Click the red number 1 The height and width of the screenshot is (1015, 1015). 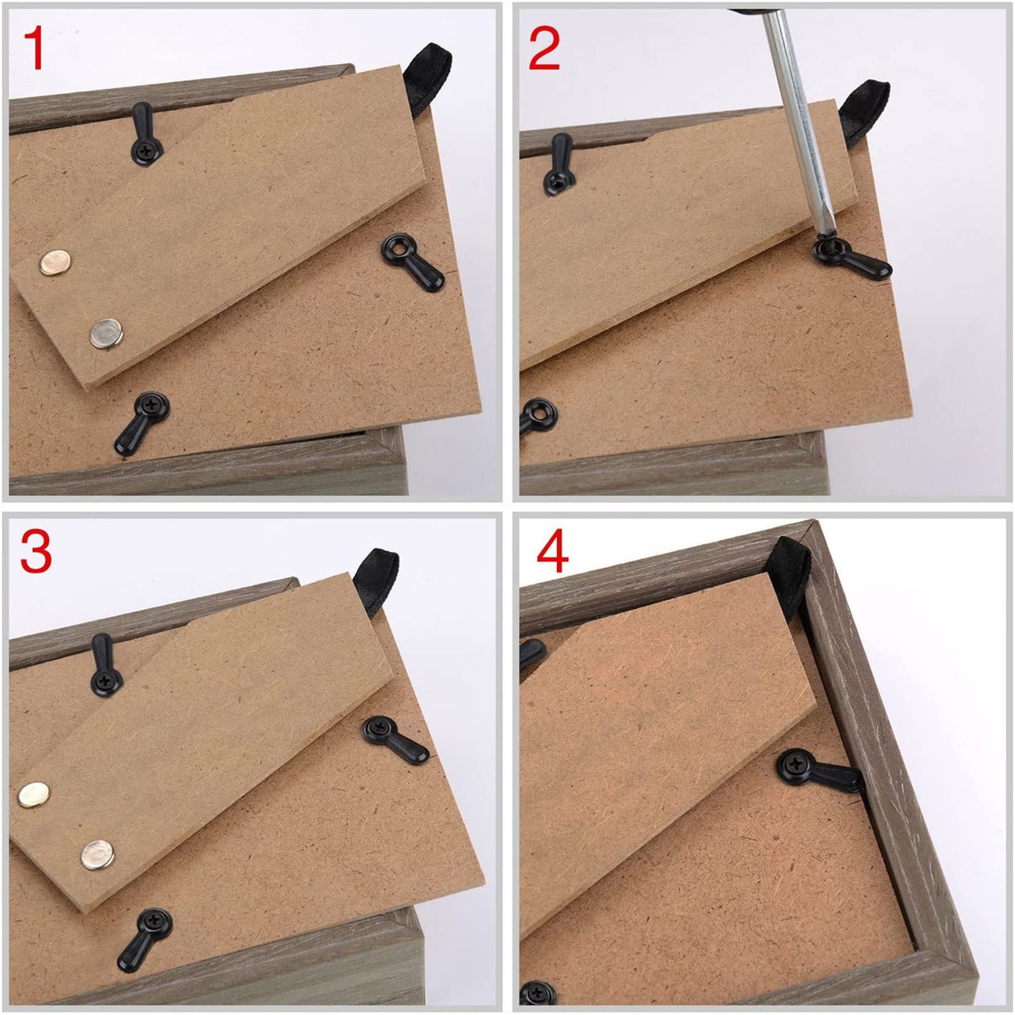(34, 49)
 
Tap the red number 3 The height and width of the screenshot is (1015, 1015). (36, 552)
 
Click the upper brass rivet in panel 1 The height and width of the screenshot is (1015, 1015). (55, 262)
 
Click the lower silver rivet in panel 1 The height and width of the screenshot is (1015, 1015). (106, 333)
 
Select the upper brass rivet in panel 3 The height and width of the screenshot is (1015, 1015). (34, 793)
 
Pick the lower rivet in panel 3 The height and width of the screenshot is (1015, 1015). (98, 853)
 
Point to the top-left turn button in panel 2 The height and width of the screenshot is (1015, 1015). (558, 164)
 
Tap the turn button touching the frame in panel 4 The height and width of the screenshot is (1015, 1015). (818, 770)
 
